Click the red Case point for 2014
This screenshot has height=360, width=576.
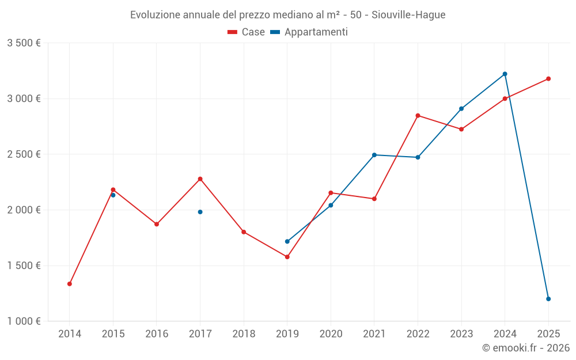(x=70, y=284)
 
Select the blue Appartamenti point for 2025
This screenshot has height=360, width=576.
(x=548, y=299)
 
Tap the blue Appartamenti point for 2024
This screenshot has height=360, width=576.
(x=505, y=74)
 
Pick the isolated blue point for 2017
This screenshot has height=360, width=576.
(x=200, y=212)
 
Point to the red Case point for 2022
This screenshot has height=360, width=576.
(x=418, y=116)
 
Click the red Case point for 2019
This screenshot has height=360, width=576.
(x=287, y=257)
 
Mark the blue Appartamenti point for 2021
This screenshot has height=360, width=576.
(x=374, y=155)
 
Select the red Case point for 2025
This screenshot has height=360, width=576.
(x=548, y=79)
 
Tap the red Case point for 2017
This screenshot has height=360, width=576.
(x=200, y=179)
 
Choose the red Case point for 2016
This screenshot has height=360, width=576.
(x=157, y=224)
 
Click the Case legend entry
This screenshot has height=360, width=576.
(x=247, y=32)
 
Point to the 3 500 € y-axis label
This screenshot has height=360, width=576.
(x=24, y=43)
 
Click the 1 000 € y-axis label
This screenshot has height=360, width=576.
(x=24, y=321)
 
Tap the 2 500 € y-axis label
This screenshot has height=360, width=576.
(x=24, y=154)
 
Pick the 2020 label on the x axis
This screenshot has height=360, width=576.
(x=331, y=334)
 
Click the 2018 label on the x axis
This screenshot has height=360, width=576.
(x=244, y=334)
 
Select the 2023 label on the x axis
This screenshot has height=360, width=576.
(x=461, y=334)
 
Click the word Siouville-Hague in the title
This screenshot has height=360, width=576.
(x=408, y=15)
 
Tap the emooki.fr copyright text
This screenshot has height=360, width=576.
(x=526, y=348)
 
